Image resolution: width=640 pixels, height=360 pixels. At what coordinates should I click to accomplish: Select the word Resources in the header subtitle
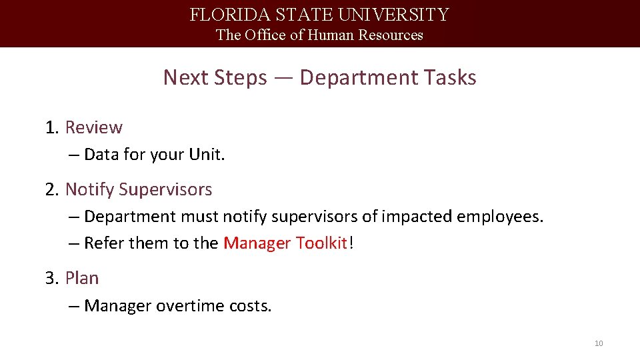391,35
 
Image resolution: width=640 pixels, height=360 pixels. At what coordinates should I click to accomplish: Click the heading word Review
94,127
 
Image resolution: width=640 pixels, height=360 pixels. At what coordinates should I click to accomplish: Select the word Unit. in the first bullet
207,155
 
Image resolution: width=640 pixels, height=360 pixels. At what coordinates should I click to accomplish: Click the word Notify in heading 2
89,189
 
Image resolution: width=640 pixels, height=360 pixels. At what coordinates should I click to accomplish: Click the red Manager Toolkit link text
285,243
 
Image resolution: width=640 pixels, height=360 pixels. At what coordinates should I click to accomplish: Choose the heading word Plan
82,278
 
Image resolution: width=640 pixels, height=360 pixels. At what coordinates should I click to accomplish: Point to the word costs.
250,306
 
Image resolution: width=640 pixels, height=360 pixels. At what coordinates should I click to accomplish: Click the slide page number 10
598,343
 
